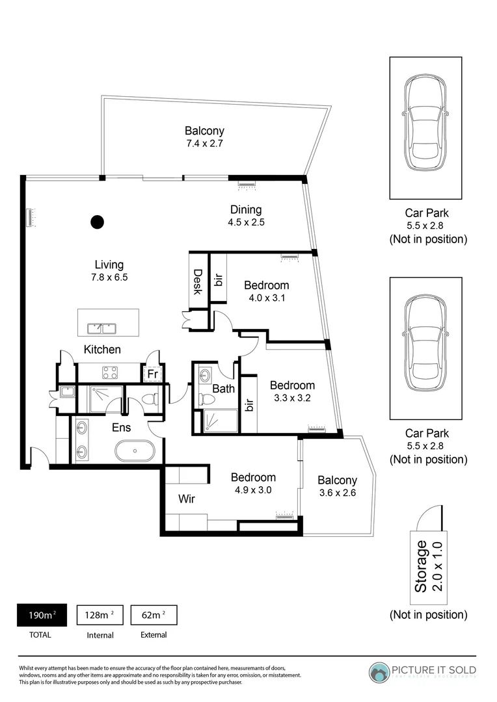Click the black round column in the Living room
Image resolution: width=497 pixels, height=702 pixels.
(x=97, y=222)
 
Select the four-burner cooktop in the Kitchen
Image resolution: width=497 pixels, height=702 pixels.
(x=110, y=372)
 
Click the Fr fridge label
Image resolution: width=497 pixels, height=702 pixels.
(x=152, y=374)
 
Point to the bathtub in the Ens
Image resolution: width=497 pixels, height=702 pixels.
(x=135, y=450)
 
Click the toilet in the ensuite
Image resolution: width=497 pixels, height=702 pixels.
(x=150, y=398)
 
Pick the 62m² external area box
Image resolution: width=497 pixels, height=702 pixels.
(x=154, y=615)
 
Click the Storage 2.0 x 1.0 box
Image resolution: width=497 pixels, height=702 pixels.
(x=428, y=566)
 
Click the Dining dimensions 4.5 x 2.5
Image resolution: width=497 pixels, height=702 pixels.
(x=246, y=222)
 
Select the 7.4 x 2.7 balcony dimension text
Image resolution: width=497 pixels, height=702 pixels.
(x=205, y=143)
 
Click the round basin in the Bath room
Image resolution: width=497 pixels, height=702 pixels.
(x=206, y=376)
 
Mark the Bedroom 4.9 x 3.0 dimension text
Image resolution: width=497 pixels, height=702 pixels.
(x=253, y=490)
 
